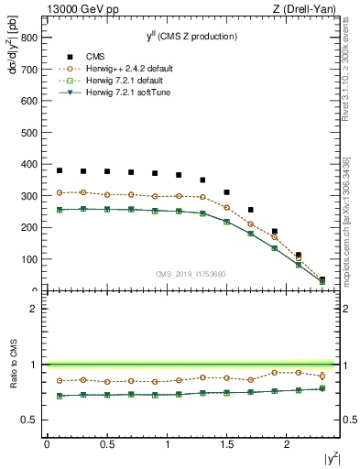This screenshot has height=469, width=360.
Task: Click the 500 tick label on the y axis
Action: [28, 133]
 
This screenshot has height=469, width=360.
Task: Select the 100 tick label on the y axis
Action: [28, 259]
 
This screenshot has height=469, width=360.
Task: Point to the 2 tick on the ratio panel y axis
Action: [33, 309]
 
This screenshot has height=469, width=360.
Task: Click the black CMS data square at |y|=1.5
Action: [227, 192]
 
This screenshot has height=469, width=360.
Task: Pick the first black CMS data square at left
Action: [59, 170]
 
